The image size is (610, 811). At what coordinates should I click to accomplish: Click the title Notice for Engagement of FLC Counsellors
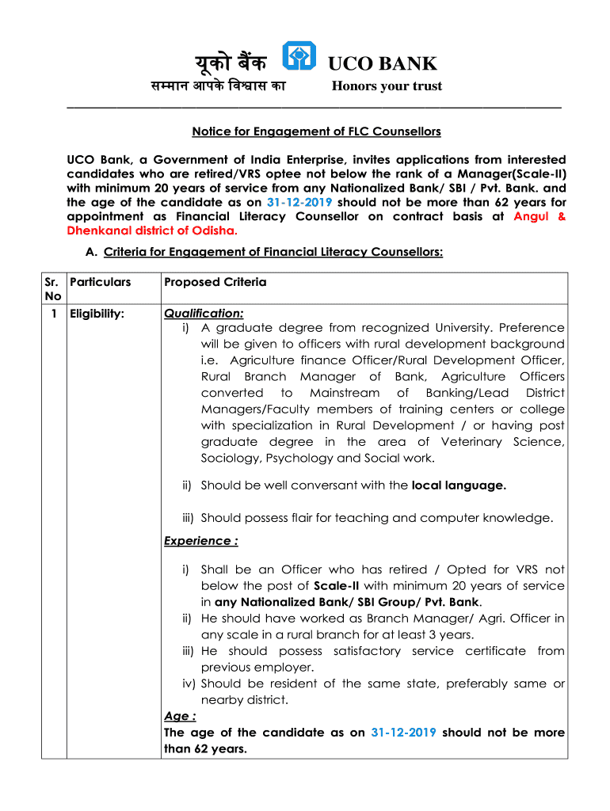point(317,131)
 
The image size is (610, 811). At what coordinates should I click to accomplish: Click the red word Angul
point(532,216)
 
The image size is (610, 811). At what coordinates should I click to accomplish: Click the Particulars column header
point(100,283)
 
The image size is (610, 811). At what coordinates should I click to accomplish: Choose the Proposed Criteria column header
point(215,283)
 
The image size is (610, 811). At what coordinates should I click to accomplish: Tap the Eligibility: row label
point(97,314)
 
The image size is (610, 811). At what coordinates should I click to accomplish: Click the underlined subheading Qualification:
point(204,314)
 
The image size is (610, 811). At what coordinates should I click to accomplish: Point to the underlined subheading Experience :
point(200,541)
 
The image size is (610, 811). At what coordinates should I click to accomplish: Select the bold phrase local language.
point(459,485)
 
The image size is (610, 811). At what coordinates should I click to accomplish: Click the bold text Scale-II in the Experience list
point(338,586)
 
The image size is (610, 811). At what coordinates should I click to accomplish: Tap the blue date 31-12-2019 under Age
point(403,733)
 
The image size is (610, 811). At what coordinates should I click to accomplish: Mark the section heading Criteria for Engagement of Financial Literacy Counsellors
point(273,252)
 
